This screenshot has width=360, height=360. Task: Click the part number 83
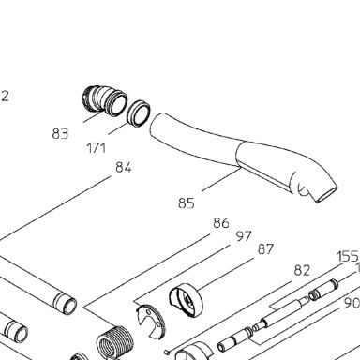(x=60, y=134)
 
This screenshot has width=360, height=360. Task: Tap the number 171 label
(x=96, y=148)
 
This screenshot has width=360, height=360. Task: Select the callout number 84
(x=124, y=167)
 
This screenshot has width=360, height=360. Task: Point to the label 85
(x=187, y=203)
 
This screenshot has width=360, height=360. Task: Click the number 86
(x=221, y=223)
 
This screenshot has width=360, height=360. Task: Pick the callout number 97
(x=244, y=236)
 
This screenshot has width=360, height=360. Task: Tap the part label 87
(x=265, y=249)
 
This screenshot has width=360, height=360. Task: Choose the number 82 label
(x=302, y=271)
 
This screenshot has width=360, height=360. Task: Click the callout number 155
(x=348, y=257)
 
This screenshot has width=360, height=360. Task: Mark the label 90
(x=352, y=303)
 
